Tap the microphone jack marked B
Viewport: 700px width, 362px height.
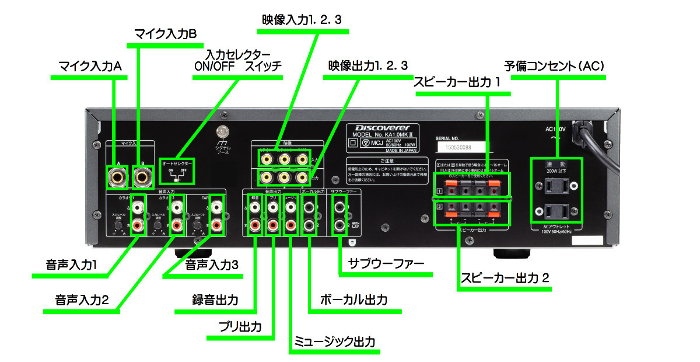click(142, 176)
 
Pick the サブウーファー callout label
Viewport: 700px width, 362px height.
click(386, 263)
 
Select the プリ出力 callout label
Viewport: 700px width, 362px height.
click(241, 325)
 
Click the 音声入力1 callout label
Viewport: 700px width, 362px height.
click(71, 264)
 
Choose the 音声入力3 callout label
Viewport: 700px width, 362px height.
click(212, 264)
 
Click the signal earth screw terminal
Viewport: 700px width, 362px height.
click(222, 132)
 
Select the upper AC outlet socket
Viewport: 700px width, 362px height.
click(556, 186)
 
